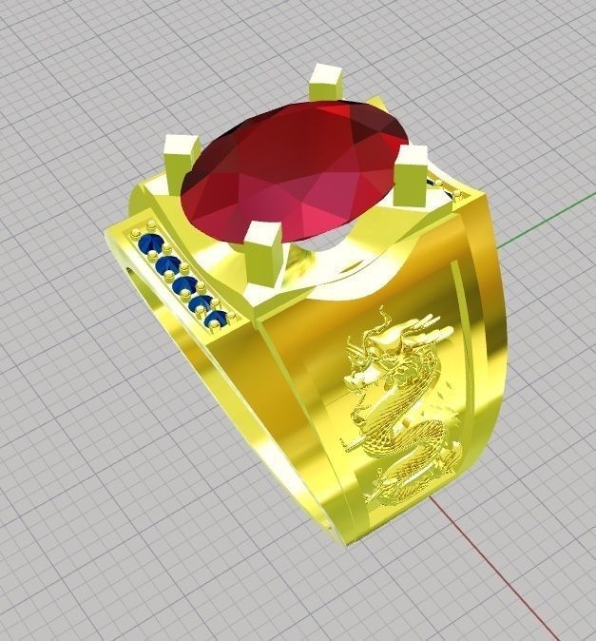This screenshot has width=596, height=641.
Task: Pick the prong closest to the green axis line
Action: point(411,174)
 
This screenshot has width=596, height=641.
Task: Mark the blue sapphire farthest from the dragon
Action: point(149,244)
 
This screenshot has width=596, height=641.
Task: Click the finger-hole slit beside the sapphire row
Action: point(131,276)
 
